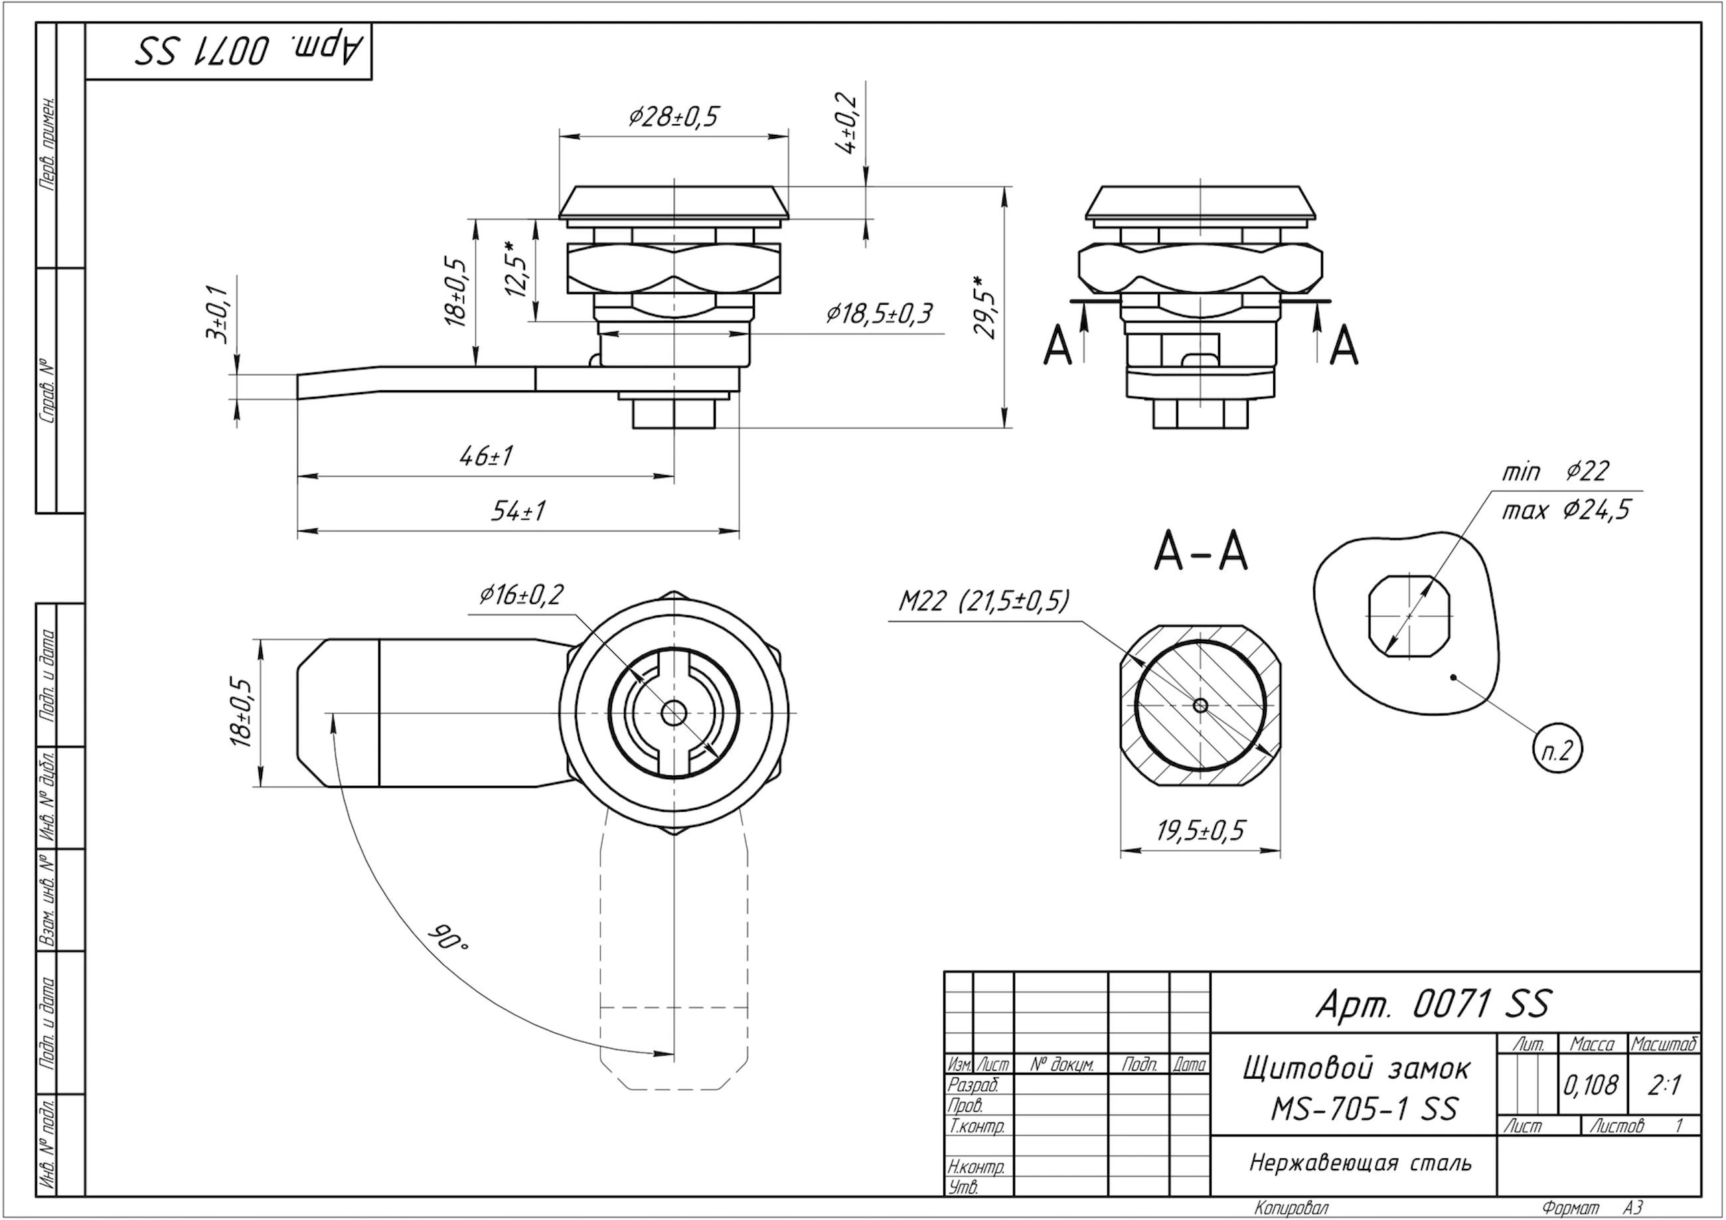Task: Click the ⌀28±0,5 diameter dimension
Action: click(x=674, y=117)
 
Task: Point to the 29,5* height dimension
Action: click(x=987, y=306)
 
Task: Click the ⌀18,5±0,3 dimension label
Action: click(x=879, y=313)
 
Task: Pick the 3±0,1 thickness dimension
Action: click(x=217, y=314)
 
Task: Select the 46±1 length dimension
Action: click(x=486, y=455)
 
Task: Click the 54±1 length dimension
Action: click(x=518, y=511)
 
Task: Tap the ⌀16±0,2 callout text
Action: click(x=521, y=595)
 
